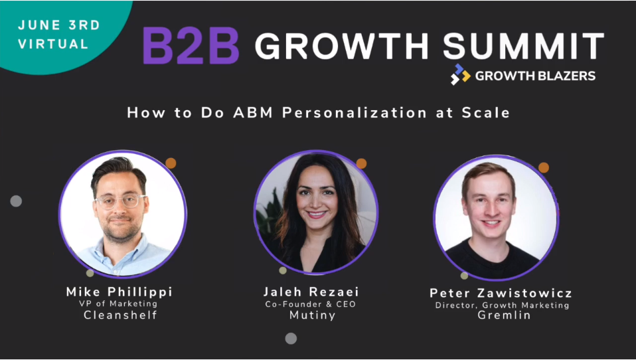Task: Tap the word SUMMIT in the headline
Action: click(523, 46)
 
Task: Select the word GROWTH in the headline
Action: click(341, 46)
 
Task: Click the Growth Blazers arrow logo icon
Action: click(460, 74)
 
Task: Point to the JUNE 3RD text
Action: click(59, 25)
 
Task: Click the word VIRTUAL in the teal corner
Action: click(53, 44)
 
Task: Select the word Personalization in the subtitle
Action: click(354, 112)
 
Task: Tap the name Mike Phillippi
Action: click(119, 292)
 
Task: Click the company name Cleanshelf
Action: click(120, 315)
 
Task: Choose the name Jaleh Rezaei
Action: click(311, 292)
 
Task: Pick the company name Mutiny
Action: click(312, 315)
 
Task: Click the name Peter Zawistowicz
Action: click(501, 293)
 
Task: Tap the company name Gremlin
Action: click(504, 315)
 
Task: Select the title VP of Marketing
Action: click(118, 304)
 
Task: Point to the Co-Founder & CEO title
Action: click(310, 304)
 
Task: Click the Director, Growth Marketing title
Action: click(502, 306)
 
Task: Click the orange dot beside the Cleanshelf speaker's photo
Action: click(171, 163)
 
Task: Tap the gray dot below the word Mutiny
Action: click(291, 338)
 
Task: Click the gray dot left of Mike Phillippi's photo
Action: click(16, 201)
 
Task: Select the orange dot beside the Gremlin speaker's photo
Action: click(544, 167)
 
